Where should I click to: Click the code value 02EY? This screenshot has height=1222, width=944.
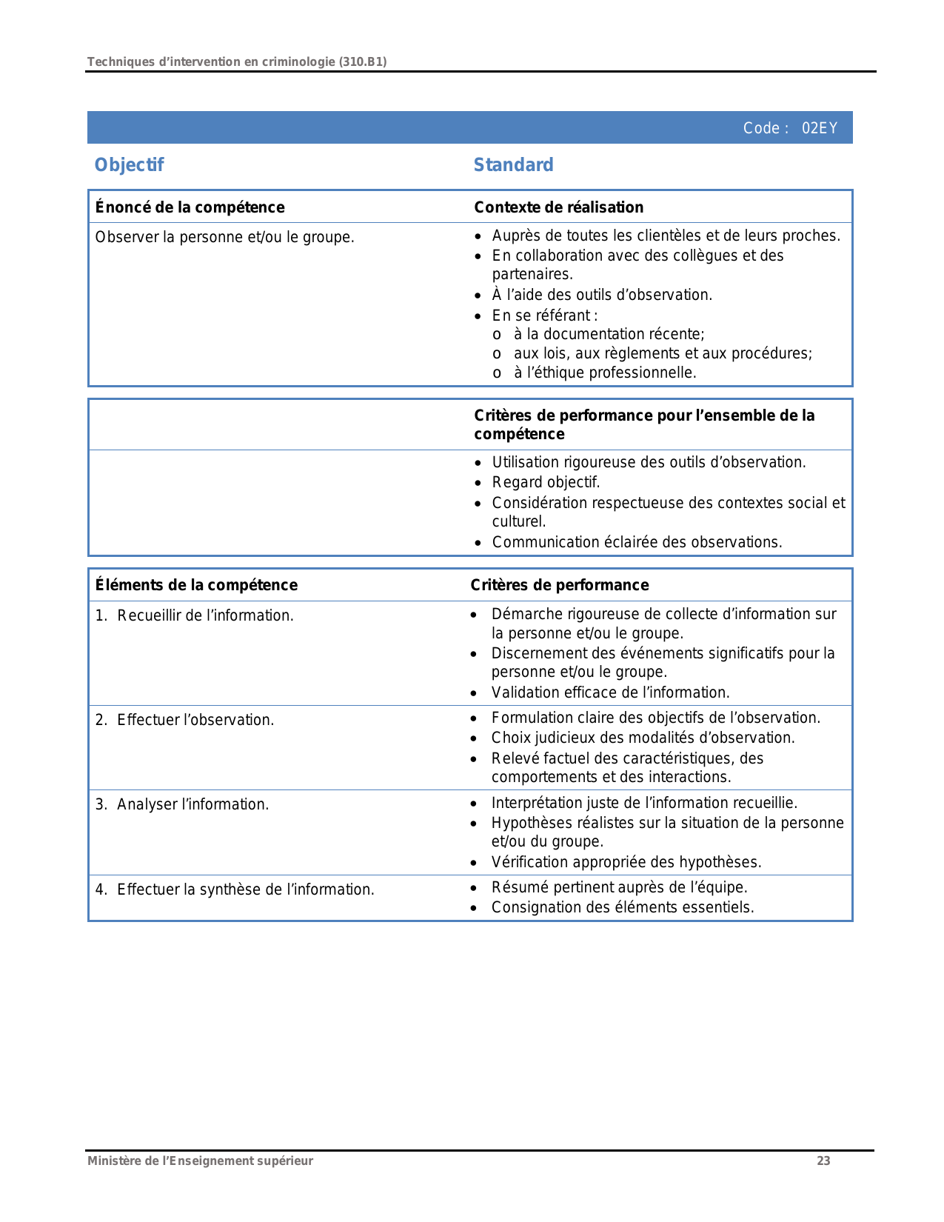pyautogui.click(x=819, y=128)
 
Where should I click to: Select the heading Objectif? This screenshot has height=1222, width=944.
pyautogui.click(x=129, y=164)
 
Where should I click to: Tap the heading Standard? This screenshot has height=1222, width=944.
pyautogui.click(x=513, y=164)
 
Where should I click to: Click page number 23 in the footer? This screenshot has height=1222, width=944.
pyautogui.click(x=823, y=1161)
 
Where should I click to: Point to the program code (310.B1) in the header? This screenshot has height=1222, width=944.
pyautogui.click(x=362, y=61)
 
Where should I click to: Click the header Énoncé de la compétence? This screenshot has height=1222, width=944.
pyautogui.click(x=190, y=207)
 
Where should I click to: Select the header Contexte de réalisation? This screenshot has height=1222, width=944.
pyautogui.click(x=558, y=207)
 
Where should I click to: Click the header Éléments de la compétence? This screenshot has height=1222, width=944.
pyautogui.click(x=196, y=585)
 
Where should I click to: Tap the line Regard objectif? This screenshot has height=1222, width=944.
pyautogui.click(x=546, y=482)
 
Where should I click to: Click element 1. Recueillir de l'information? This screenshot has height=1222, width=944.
pyautogui.click(x=194, y=615)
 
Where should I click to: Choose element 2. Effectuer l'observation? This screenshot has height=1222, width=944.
pyautogui.click(x=184, y=720)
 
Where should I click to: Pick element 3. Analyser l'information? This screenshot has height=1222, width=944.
pyautogui.click(x=181, y=804)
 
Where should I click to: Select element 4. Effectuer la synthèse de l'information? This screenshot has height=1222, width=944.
pyautogui.click(x=234, y=889)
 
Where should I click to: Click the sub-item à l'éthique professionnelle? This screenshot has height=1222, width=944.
pyautogui.click(x=604, y=373)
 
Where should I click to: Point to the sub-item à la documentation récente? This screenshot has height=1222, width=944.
pyautogui.click(x=609, y=334)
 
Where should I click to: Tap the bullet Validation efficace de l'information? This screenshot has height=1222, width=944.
pyautogui.click(x=610, y=692)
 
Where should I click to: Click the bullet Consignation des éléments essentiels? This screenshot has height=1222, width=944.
pyautogui.click(x=622, y=907)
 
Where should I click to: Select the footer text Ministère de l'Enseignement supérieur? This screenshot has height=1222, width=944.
pyautogui.click(x=200, y=1161)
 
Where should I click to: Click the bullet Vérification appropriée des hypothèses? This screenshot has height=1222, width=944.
pyautogui.click(x=626, y=862)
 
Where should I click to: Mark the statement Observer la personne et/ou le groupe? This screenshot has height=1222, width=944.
pyautogui.click(x=224, y=237)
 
